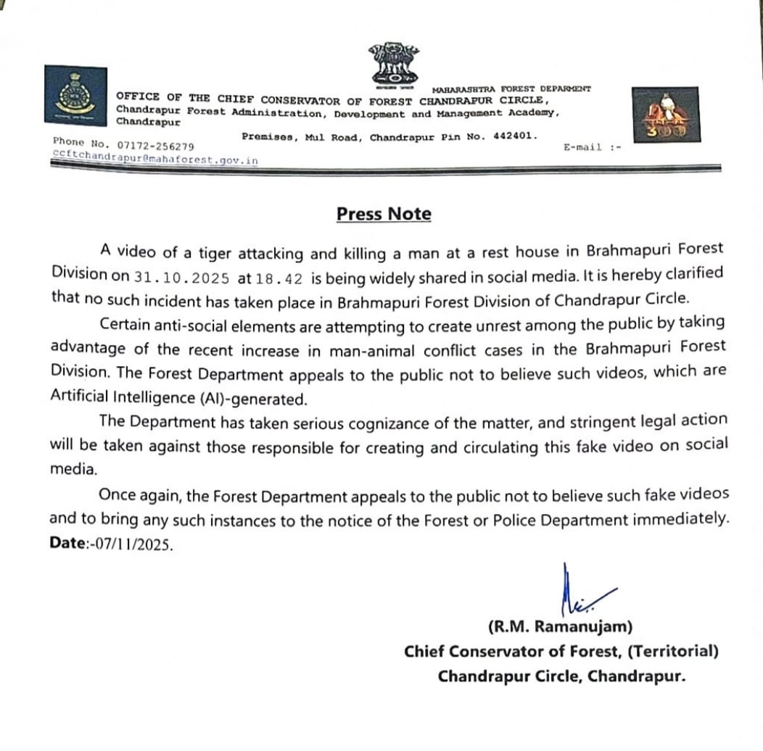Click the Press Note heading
384,214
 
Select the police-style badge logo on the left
74,94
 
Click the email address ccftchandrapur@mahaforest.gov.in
155,159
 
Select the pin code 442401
511,136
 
